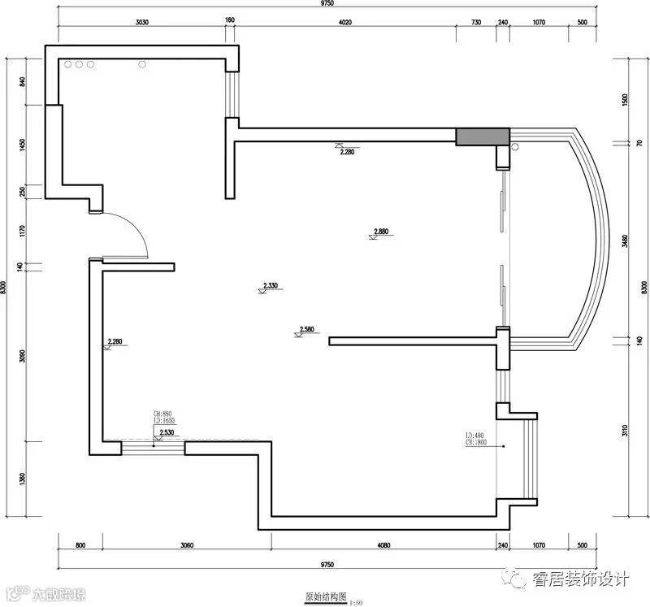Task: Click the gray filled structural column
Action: pos(482,137)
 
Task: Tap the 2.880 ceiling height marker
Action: pos(382,232)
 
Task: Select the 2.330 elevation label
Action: pos(271,285)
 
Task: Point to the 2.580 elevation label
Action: pos(307,329)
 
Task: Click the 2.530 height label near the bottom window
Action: pos(167,432)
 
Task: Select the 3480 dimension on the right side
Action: pos(624,242)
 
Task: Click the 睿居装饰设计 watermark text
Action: pos(580,579)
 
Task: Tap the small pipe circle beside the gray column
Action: pos(513,148)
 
